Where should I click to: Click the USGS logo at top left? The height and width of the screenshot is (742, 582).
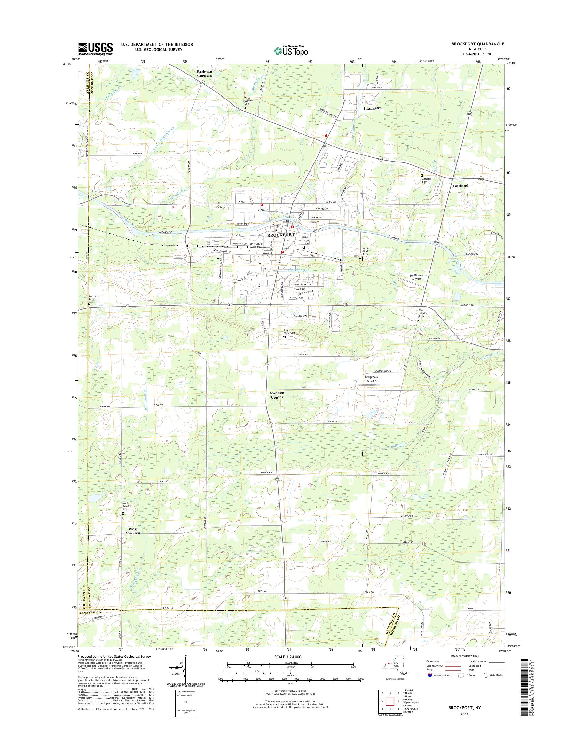95,49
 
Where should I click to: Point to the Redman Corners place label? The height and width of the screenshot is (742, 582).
204,74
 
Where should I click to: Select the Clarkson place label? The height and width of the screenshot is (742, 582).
373,108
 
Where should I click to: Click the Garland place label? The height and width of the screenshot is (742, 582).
460,186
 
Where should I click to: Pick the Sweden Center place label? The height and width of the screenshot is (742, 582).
277,395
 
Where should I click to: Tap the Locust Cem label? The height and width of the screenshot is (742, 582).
92,298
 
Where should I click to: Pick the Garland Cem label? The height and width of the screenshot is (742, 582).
426,180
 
